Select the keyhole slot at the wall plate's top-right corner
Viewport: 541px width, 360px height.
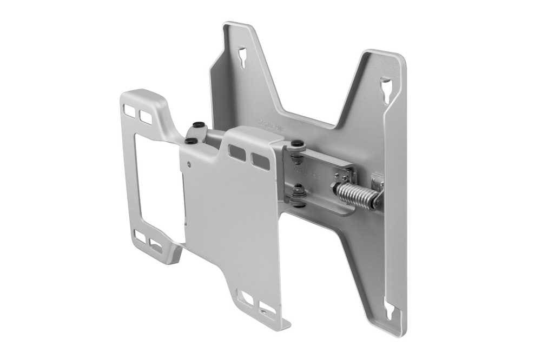(x=387, y=89)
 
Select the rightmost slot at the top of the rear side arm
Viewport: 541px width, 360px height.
(x=146, y=116)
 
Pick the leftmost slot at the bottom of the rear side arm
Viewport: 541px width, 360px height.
(x=140, y=236)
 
